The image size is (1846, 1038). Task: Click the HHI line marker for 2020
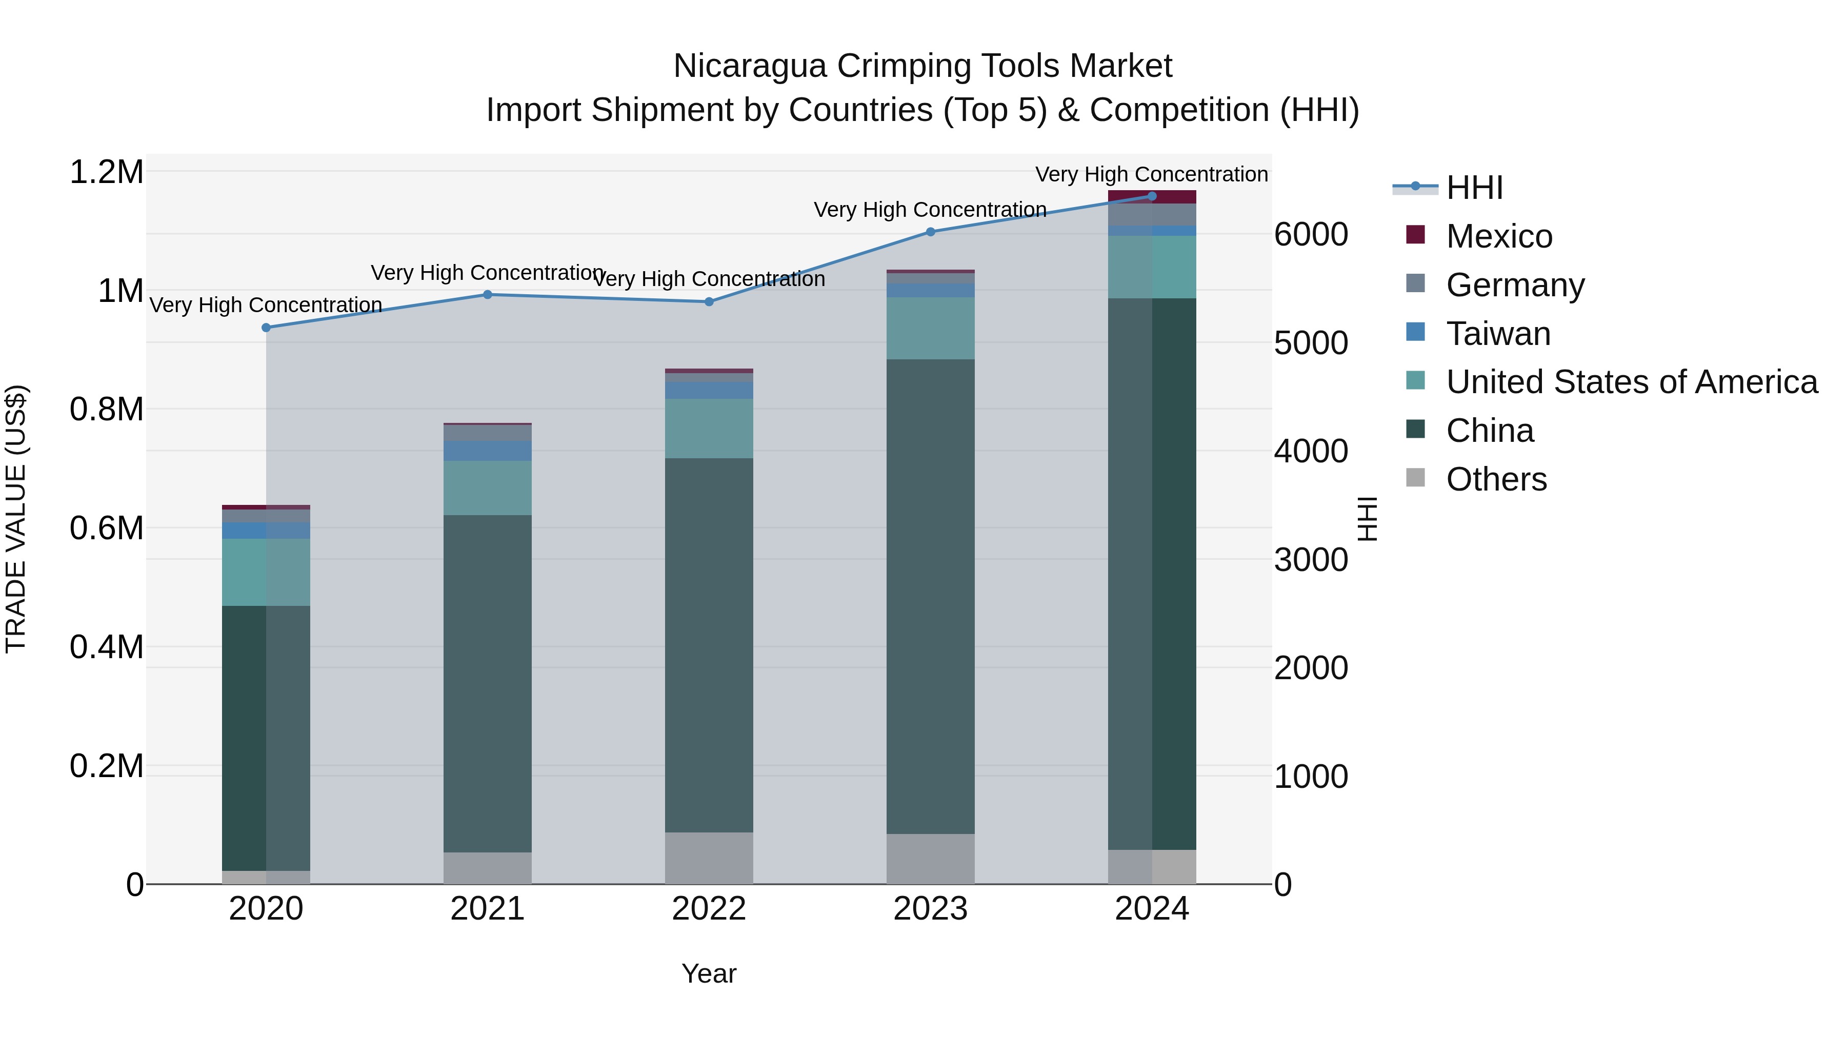pos(266,328)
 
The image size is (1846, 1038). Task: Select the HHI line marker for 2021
pos(487,294)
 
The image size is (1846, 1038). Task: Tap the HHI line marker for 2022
pos(709,301)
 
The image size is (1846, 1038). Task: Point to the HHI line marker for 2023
pos(930,231)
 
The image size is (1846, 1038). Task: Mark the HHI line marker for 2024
pos(1152,196)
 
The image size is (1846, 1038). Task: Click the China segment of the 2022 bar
pos(709,645)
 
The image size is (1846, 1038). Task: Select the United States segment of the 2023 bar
pos(930,328)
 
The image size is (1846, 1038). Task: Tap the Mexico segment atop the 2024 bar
pos(1152,197)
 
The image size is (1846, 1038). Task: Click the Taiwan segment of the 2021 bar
pos(487,451)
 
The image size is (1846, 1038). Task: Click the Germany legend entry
pos(1515,285)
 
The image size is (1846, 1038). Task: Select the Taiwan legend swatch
pos(1415,332)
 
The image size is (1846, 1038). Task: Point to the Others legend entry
pos(1496,479)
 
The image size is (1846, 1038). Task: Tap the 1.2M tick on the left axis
pos(106,173)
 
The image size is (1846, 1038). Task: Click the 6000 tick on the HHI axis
pos(1311,234)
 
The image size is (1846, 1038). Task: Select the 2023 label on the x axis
pos(930,909)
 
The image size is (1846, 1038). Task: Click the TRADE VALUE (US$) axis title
pos(16,519)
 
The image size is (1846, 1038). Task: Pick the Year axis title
pos(709,973)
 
